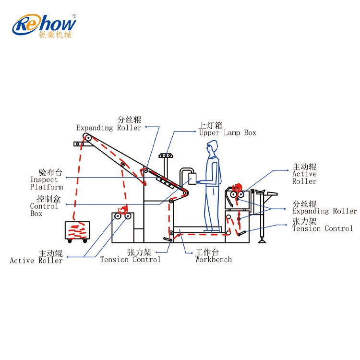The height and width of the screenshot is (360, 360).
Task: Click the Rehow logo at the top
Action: [44, 26]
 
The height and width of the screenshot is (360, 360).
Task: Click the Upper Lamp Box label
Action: [228, 129]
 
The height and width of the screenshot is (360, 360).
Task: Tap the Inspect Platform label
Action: [47, 180]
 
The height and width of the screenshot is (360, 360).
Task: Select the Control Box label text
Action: [45, 206]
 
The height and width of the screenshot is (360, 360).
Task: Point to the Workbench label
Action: [214, 256]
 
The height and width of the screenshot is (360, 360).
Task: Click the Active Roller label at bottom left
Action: [36, 257]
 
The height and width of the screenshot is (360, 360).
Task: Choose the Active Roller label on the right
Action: [304, 174]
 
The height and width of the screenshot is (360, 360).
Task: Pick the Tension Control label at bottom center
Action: [131, 256]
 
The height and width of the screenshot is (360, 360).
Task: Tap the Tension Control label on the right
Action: [323, 225]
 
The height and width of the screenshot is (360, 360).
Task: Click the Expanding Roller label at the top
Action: [109, 124]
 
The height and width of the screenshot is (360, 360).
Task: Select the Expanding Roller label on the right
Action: [324, 207]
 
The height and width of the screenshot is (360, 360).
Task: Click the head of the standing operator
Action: [212, 147]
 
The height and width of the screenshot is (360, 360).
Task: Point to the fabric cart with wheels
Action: [77, 231]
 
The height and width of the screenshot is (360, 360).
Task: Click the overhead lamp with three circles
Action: [166, 156]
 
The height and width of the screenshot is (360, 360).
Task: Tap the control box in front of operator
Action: [192, 179]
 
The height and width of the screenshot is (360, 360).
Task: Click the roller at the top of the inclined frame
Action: [87, 138]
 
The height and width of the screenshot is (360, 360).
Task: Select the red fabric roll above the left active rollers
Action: [123, 210]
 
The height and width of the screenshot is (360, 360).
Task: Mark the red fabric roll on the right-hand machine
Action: [237, 188]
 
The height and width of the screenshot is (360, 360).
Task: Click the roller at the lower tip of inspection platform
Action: [185, 193]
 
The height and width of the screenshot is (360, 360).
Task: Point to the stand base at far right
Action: [262, 240]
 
